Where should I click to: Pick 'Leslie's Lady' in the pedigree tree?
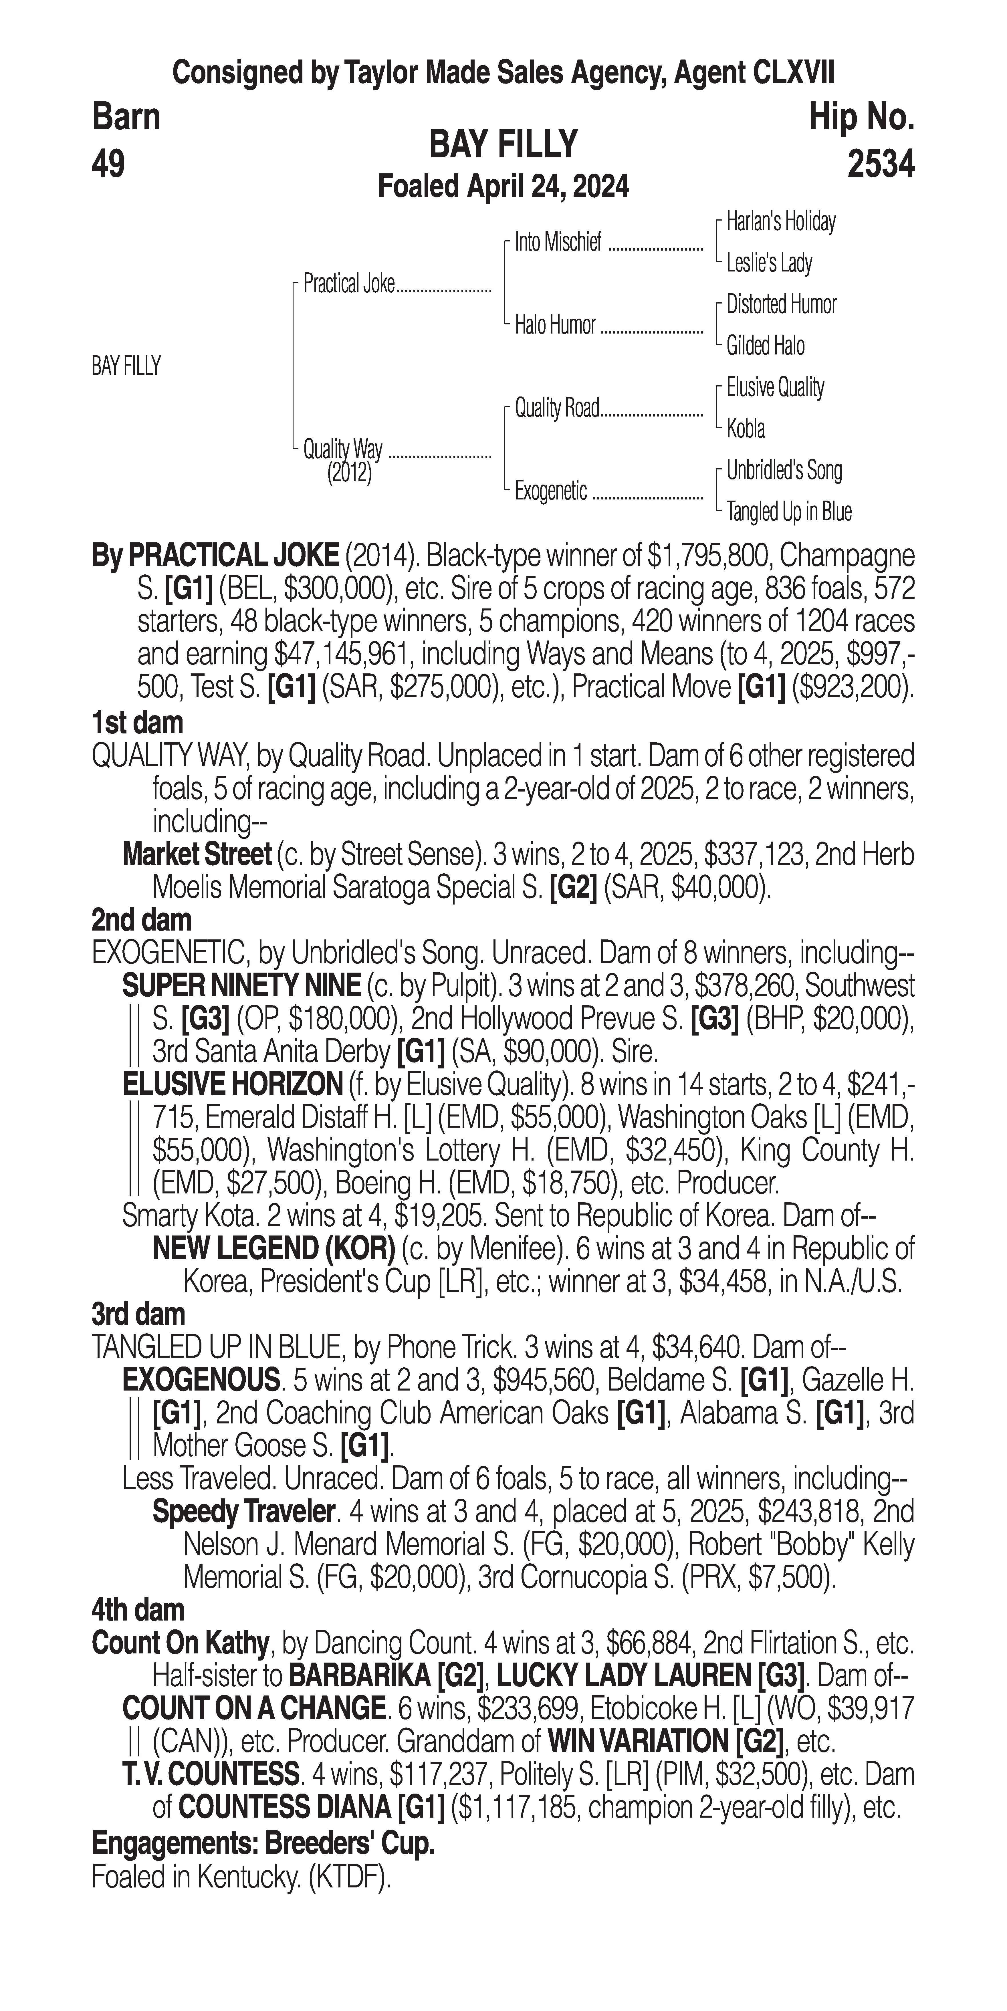[x=769, y=263]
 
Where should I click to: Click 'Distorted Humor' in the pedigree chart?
[x=781, y=304]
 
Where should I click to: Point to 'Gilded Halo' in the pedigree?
[x=765, y=346]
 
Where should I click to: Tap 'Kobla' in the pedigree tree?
[x=746, y=429]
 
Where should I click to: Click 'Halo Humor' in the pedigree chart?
[x=555, y=325]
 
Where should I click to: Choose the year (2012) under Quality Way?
[x=349, y=473]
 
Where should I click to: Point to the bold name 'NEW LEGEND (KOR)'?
[x=273, y=1248]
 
